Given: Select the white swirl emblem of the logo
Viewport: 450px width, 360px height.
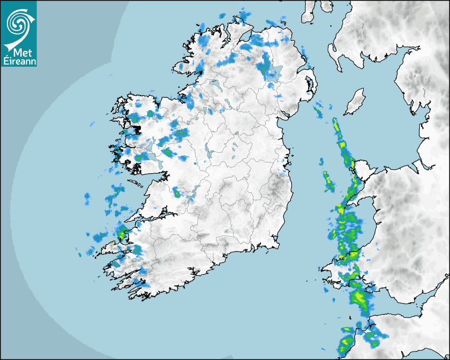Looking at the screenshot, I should tap(17, 24).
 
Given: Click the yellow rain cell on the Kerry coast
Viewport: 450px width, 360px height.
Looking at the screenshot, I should tap(122, 233).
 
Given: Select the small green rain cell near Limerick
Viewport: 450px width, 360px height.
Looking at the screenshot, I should tap(177, 194).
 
